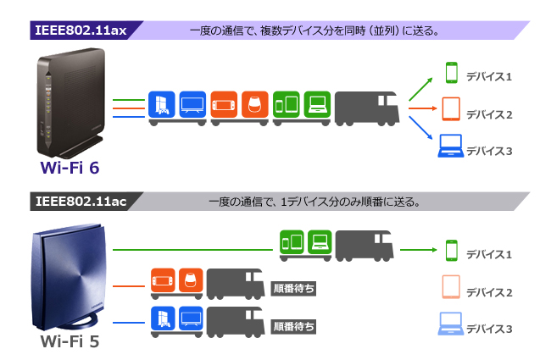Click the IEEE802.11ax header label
pos(81,30)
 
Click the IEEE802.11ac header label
pos(81,202)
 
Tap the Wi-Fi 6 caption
pos(70,168)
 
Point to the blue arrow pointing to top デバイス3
pos(421,129)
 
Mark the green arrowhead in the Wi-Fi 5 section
pos(431,251)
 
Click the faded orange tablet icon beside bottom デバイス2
pos(450,288)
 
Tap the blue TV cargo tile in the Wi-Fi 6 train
pos(192,103)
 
